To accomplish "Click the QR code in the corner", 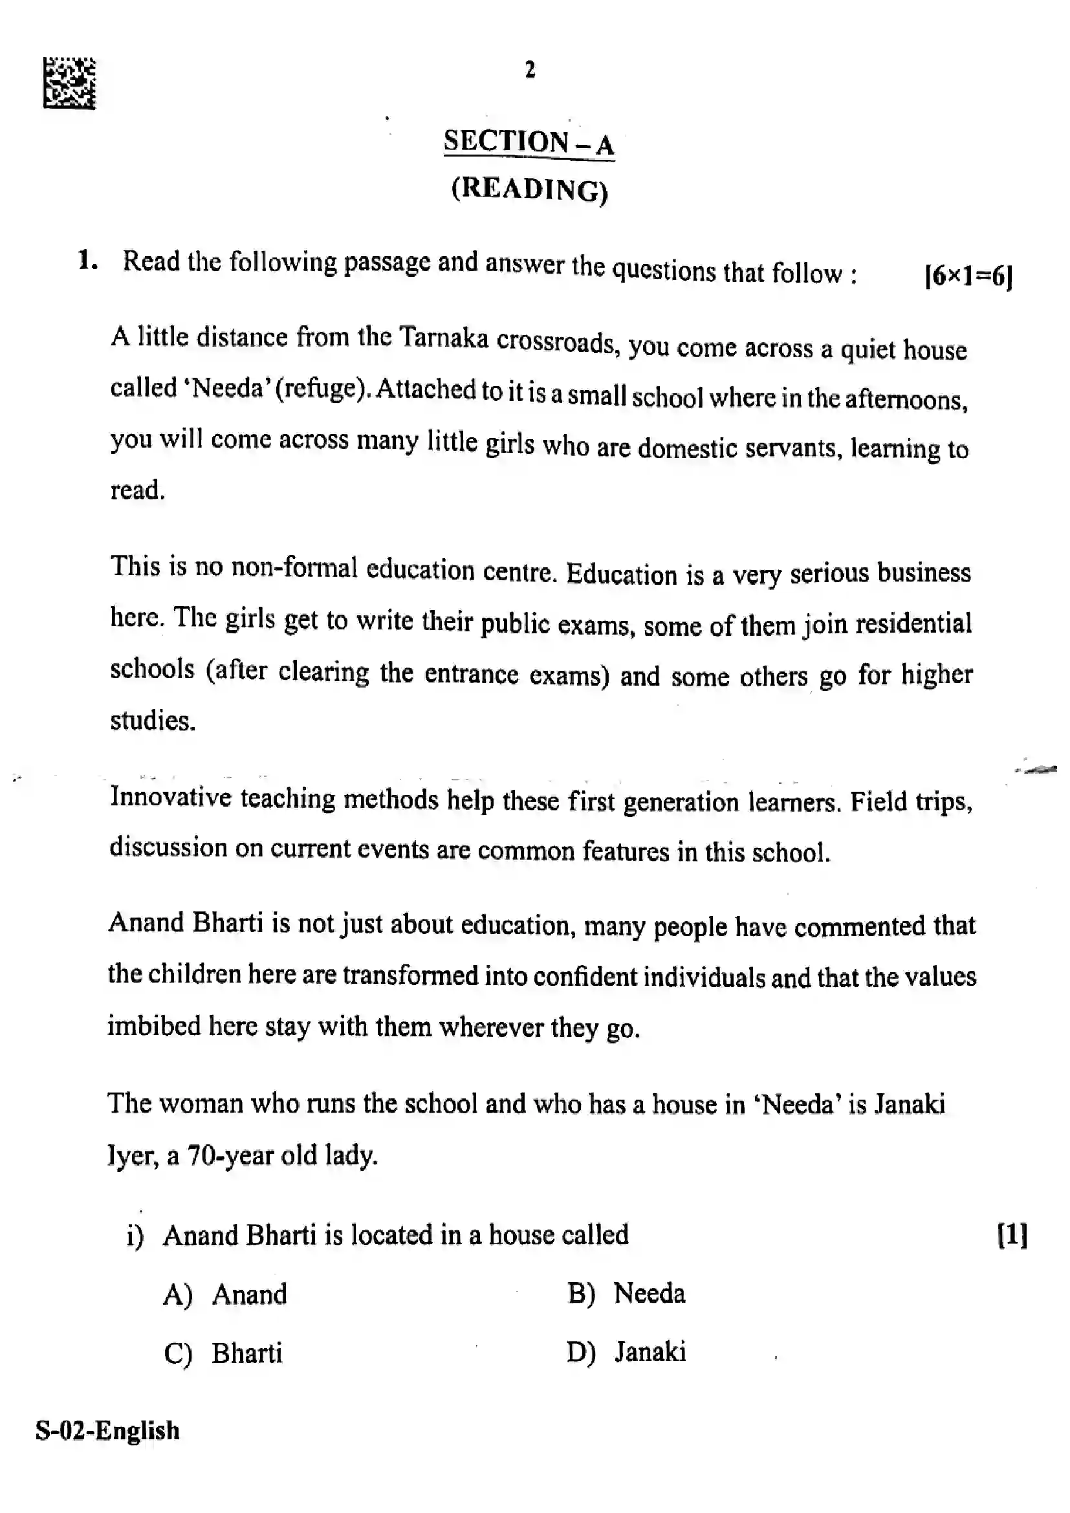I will [69, 83].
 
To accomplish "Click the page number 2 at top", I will [530, 70].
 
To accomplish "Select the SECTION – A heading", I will [529, 142].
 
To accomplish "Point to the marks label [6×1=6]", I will [968, 276].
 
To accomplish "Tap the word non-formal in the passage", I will [294, 568].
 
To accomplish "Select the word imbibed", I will [153, 1026].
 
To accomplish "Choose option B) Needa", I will [626, 1293].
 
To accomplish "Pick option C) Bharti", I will [223, 1353].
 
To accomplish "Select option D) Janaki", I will [626, 1351].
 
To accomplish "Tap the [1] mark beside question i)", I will [1012, 1234].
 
